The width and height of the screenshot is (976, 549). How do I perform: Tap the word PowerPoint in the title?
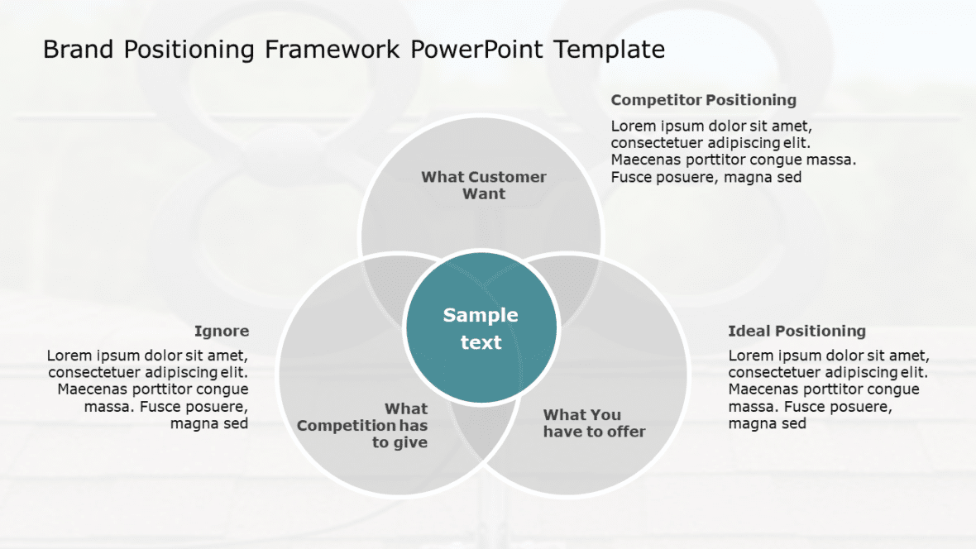(477, 50)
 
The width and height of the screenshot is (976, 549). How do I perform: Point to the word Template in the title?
(610, 50)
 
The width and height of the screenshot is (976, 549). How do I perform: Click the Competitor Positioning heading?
(703, 100)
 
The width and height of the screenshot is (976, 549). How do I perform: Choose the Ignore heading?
(222, 332)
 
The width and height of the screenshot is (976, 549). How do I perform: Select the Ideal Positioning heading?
(797, 332)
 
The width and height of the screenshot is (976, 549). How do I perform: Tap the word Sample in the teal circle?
(481, 315)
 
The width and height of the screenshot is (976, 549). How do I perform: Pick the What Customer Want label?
(484, 185)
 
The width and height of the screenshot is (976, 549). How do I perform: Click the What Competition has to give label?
(364, 426)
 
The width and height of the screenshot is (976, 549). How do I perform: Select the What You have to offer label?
(594, 423)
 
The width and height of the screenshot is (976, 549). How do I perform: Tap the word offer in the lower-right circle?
(626, 432)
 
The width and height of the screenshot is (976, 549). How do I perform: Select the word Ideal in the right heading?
(746, 332)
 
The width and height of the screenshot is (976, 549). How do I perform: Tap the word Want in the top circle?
(484, 194)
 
